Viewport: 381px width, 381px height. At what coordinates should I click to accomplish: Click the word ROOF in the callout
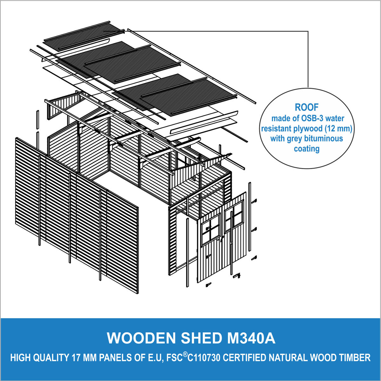pyautogui.click(x=307, y=107)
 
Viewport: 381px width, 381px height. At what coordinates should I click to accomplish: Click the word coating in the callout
pyautogui.click(x=307, y=148)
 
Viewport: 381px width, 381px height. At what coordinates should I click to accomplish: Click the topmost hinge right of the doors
pyautogui.click(x=254, y=201)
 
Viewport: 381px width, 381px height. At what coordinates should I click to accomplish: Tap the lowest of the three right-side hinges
pyautogui.click(x=254, y=258)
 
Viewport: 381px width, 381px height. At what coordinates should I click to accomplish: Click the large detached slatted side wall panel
pyautogui.click(x=77, y=215)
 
